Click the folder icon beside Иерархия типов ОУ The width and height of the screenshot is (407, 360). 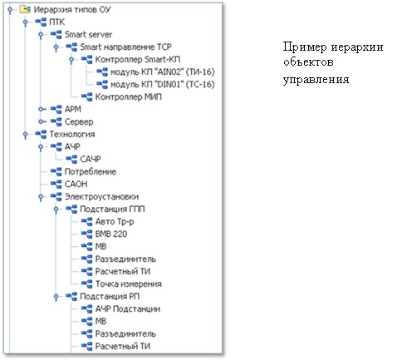(x=25, y=10)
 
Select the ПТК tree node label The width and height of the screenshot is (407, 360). (x=56, y=22)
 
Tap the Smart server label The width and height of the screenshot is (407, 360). (x=88, y=35)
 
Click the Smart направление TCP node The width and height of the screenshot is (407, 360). (x=125, y=47)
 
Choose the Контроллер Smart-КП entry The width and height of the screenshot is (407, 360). (x=138, y=60)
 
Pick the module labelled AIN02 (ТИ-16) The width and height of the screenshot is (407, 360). (x=163, y=72)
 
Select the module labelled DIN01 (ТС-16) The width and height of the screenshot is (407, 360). (x=163, y=85)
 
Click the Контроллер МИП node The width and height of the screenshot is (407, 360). (x=129, y=97)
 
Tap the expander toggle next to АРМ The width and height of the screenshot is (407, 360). (x=41, y=109)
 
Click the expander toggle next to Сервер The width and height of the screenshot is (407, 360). (x=41, y=121)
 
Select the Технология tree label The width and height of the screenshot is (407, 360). (x=72, y=135)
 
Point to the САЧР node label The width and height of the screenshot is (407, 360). (x=91, y=160)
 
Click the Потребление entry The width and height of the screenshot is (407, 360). (x=91, y=172)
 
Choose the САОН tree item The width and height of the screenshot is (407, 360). (x=76, y=185)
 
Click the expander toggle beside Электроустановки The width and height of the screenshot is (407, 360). (x=41, y=197)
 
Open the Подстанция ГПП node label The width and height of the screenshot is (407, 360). (x=112, y=210)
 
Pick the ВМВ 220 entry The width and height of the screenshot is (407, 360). (x=111, y=234)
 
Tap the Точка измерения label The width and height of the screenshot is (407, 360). (x=129, y=284)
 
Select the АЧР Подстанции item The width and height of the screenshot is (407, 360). (x=128, y=309)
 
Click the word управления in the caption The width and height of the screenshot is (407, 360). (x=316, y=80)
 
